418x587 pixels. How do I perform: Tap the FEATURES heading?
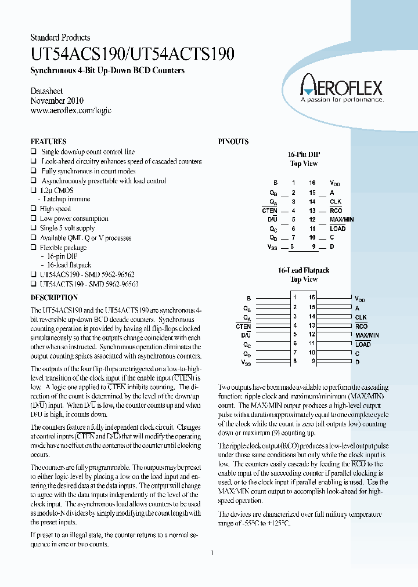point(48,142)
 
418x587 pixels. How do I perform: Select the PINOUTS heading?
point(233,142)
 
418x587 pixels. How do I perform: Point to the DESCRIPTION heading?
point(54,298)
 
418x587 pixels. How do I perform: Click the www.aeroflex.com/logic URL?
point(70,110)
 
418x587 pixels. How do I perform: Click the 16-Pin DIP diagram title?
point(304,155)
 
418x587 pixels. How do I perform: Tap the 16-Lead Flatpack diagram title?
point(304,270)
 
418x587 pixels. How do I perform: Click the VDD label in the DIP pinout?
point(335,183)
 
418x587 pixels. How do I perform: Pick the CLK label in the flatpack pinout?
point(361,317)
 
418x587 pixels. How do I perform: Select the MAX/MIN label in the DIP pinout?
point(341,219)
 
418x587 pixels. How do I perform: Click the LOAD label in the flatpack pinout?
point(363,345)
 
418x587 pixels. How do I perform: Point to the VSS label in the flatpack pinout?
point(246,363)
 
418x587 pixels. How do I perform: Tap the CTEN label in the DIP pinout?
point(269,210)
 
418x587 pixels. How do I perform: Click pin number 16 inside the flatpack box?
point(312,298)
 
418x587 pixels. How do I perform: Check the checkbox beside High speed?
point(33,209)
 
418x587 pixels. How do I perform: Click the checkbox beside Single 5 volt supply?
point(33,229)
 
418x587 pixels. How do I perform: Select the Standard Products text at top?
point(60,38)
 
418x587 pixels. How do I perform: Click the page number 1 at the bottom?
point(212,553)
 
